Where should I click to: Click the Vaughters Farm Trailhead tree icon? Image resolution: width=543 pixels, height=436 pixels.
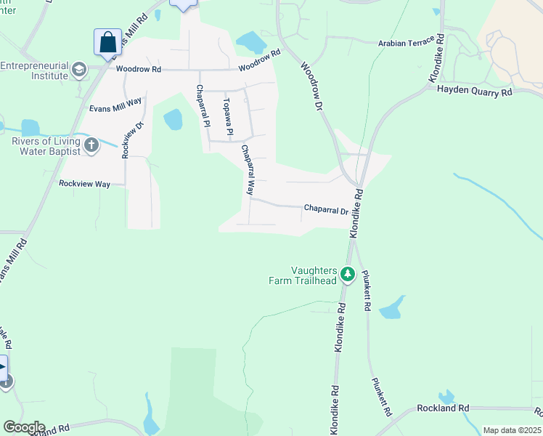point(348,274)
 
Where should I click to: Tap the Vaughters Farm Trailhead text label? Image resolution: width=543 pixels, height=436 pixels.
point(314,275)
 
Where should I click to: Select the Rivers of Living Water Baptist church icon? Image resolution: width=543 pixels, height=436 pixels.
point(91,145)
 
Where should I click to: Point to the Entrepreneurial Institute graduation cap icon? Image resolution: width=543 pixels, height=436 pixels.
point(79,70)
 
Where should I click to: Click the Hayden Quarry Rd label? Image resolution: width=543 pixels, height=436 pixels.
point(475,91)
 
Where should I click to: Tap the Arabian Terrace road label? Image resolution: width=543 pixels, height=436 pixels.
point(407,43)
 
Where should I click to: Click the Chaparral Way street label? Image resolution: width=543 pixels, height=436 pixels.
point(248,171)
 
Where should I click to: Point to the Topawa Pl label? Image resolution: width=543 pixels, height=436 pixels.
point(226,116)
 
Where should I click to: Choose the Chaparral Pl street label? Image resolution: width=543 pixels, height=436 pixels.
point(202,106)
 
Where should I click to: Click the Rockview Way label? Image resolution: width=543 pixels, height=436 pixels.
point(84,184)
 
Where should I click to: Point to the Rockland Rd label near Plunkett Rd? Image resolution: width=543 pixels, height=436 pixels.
point(443,408)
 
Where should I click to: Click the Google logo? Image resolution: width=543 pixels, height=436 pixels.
point(23,427)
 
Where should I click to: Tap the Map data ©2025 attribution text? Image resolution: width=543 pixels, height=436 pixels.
point(512,430)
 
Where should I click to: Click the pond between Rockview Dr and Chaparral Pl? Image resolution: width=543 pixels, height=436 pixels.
point(173,119)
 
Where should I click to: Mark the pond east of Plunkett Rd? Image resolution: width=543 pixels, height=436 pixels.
point(391,308)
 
